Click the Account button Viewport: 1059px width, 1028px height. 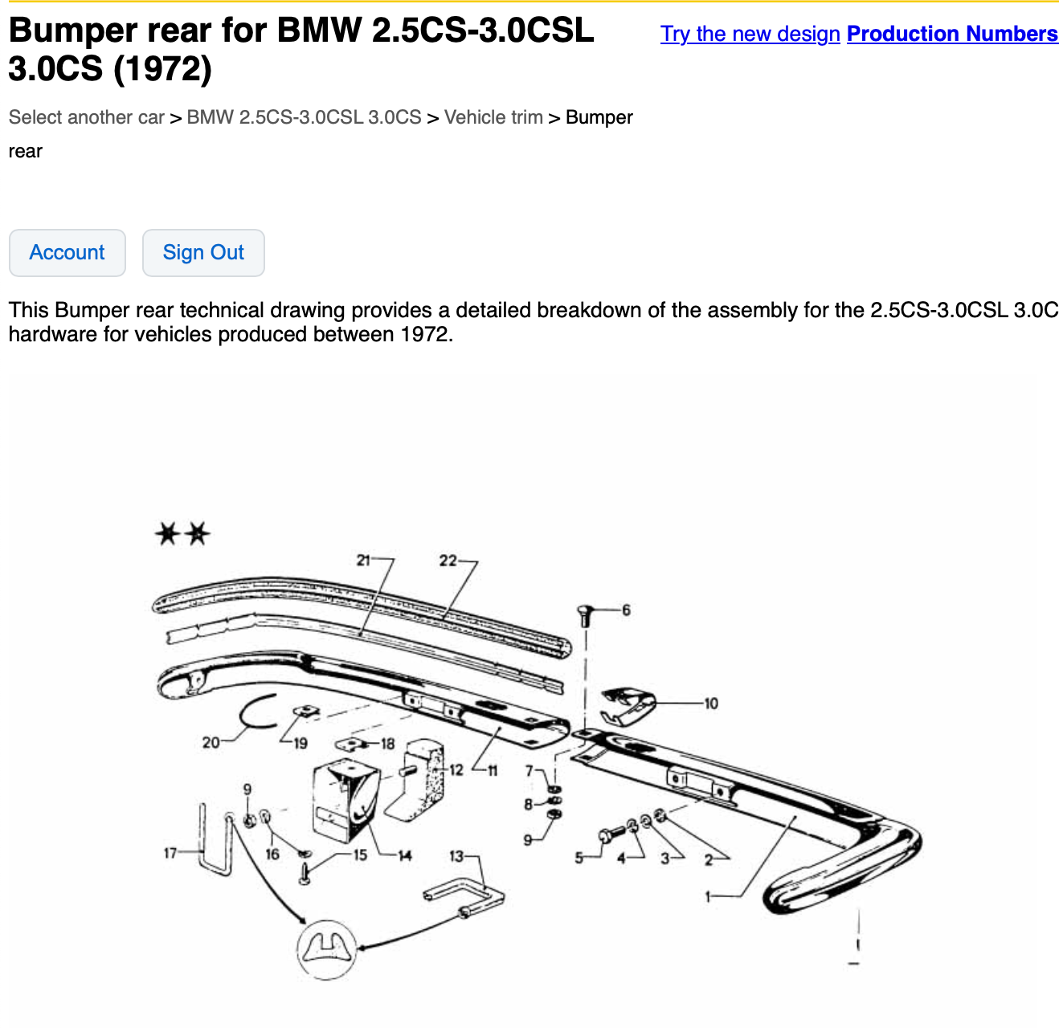pyautogui.click(x=67, y=252)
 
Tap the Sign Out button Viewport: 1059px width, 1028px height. pyautogui.click(x=203, y=252)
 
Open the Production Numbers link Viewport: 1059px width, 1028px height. pyautogui.click(x=952, y=34)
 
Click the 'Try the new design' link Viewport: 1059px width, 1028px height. pyautogui.click(x=750, y=34)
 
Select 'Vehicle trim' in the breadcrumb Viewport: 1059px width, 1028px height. pyautogui.click(x=493, y=117)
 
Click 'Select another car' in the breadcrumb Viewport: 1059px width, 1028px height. pyautogui.click(x=87, y=117)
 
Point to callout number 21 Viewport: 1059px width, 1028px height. pyautogui.click(x=363, y=560)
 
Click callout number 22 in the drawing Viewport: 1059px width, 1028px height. pyautogui.click(x=448, y=561)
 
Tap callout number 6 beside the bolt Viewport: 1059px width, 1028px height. pyautogui.click(x=626, y=610)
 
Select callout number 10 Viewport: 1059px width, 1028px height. pyautogui.click(x=711, y=704)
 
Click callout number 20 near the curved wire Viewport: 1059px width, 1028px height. pyautogui.click(x=211, y=742)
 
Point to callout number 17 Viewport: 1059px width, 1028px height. pyautogui.click(x=170, y=852)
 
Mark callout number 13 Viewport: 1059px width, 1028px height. pyautogui.click(x=456, y=856)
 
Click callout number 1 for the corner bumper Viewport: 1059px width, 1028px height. pyautogui.click(x=707, y=895)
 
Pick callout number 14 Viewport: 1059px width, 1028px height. pyautogui.click(x=404, y=855)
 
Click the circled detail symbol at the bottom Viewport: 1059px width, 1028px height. pyautogui.click(x=326, y=949)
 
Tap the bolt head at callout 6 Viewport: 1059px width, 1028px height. pyautogui.click(x=585, y=610)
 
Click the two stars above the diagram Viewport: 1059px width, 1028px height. pyautogui.click(x=182, y=533)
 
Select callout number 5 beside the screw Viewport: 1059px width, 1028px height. pyautogui.click(x=579, y=858)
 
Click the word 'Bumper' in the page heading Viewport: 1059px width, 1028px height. pyautogui.click(x=73, y=30)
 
